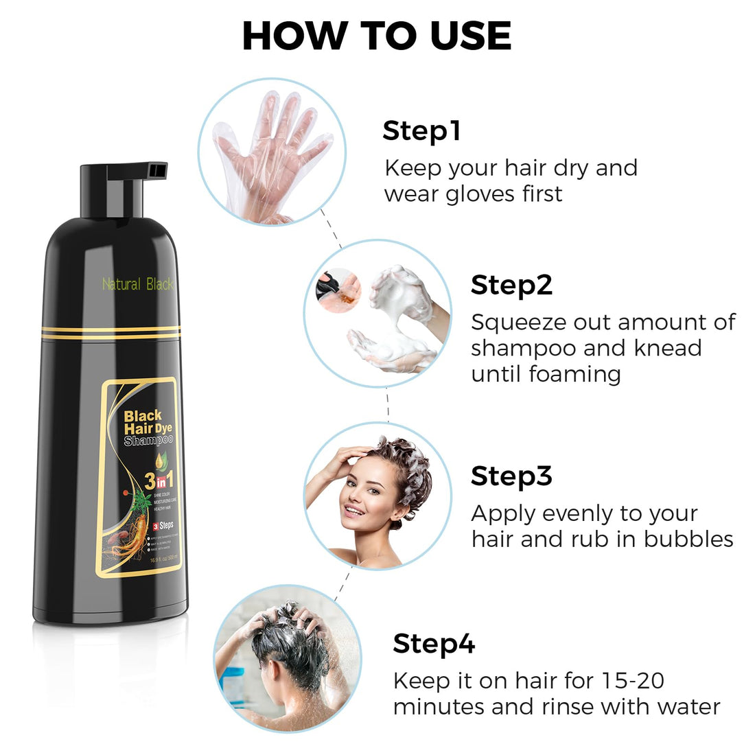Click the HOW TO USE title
(x=377, y=36)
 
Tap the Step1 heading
(x=421, y=130)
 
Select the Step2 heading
(x=511, y=285)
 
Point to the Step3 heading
(x=511, y=476)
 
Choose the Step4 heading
(x=434, y=644)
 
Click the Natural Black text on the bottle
(x=137, y=284)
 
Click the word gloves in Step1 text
(x=483, y=194)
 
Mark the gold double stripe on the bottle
(x=110, y=332)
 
